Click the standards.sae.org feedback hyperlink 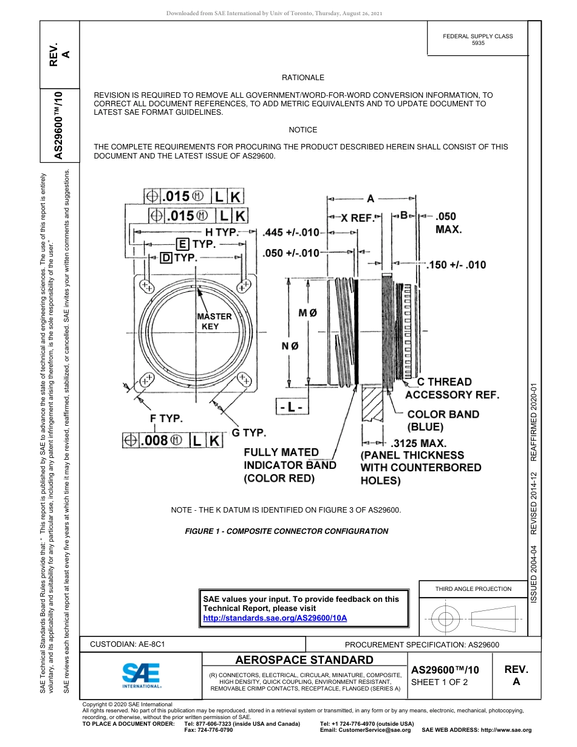coord(275,618)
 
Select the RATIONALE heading coord(302,78)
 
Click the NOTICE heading coord(302,130)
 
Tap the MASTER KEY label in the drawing coord(213,321)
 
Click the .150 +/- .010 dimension coord(456,265)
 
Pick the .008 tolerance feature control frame coord(172,441)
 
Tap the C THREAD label coord(444,381)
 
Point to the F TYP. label coord(166,418)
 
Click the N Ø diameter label coord(290,346)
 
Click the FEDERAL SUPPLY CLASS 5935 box coord(477,39)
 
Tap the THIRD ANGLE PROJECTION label coord(473,588)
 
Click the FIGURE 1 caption coord(286,531)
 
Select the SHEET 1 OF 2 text coord(440,682)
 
